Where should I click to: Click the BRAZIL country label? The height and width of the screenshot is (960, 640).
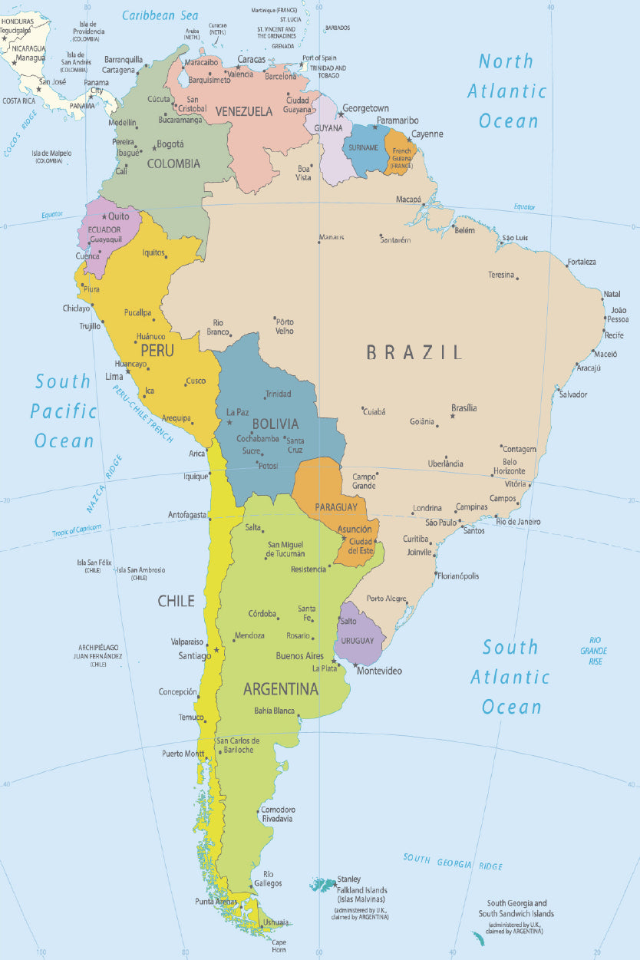[414, 352]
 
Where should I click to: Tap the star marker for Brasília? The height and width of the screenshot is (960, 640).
[452, 416]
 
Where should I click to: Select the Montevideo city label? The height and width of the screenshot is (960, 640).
[379, 671]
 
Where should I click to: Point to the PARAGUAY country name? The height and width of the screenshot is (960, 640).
[335, 507]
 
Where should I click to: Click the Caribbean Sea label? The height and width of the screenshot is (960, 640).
[160, 15]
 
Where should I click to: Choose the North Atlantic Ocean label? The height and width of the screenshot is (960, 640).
[508, 91]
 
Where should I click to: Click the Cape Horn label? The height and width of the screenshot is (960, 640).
[279, 945]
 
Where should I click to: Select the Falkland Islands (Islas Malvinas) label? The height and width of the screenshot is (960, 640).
[361, 894]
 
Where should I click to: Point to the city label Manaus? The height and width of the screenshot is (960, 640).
[332, 237]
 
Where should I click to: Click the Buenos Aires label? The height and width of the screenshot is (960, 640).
[299, 656]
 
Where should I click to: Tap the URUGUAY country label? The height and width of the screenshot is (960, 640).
[358, 641]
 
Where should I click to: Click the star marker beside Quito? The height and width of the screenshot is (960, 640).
[104, 216]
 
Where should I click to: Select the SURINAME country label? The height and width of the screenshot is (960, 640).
[363, 147]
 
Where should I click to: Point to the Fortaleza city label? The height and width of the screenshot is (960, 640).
[582, 262]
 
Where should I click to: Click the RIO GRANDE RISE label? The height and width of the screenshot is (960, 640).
[595, 651]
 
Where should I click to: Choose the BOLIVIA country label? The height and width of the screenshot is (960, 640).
[275, 424]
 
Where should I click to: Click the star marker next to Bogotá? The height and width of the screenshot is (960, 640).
[153, 147]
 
